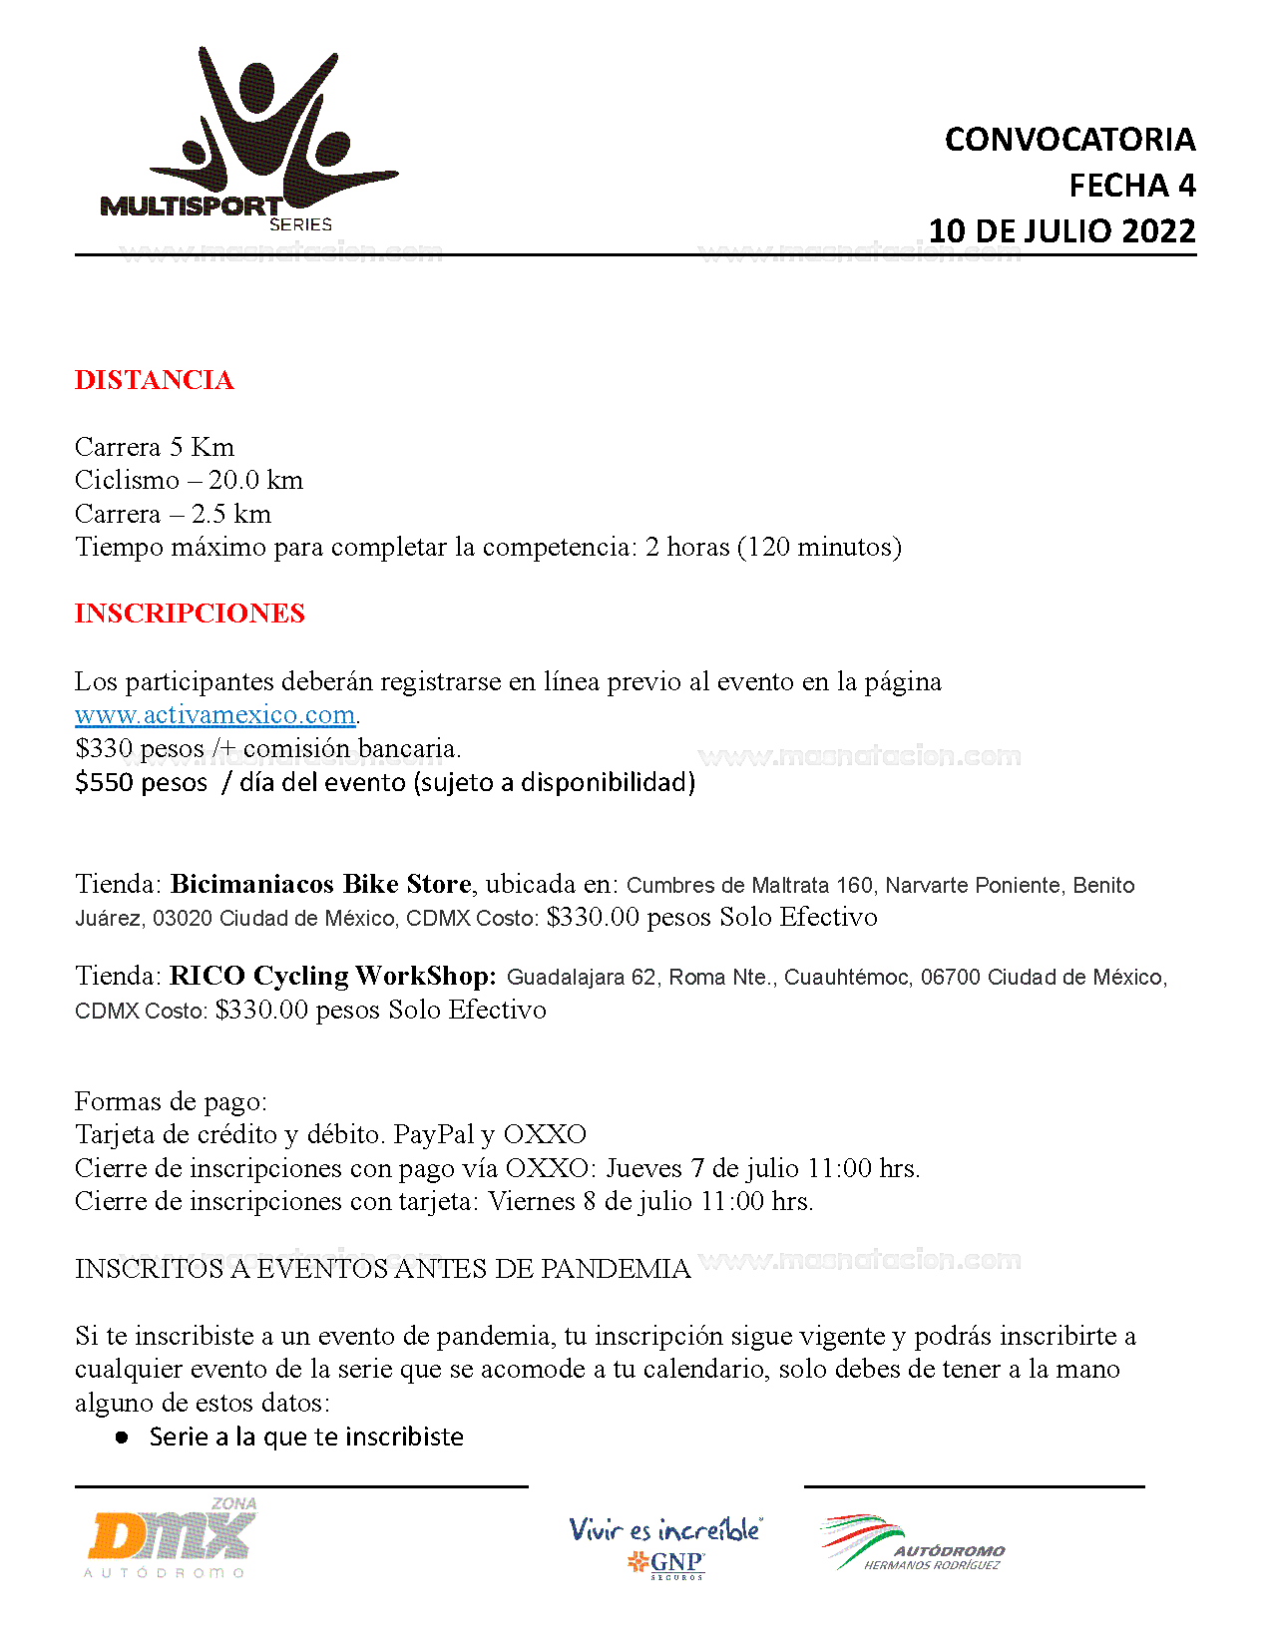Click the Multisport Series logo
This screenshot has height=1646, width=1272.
coord(249,140)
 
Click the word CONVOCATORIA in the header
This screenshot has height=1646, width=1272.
coord(1069,140)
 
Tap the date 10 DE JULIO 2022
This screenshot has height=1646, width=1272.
coord(1061,231)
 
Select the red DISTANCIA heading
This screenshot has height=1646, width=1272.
coord(154,380)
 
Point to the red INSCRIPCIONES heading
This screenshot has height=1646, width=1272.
coord(190,614)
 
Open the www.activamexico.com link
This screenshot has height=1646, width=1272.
coord(214,715)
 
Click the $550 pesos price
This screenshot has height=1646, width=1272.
coord(141,783)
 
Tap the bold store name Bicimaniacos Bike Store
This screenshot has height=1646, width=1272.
coord(320,885)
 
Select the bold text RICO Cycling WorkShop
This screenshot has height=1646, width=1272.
coord(332,976)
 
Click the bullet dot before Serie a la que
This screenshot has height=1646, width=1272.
coord(122,1438)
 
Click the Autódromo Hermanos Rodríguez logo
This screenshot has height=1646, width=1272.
coord(912,1543)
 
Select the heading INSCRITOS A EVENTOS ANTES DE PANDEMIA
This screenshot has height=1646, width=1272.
coord(382,1269)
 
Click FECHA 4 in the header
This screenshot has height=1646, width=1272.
coord(1131,186)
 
